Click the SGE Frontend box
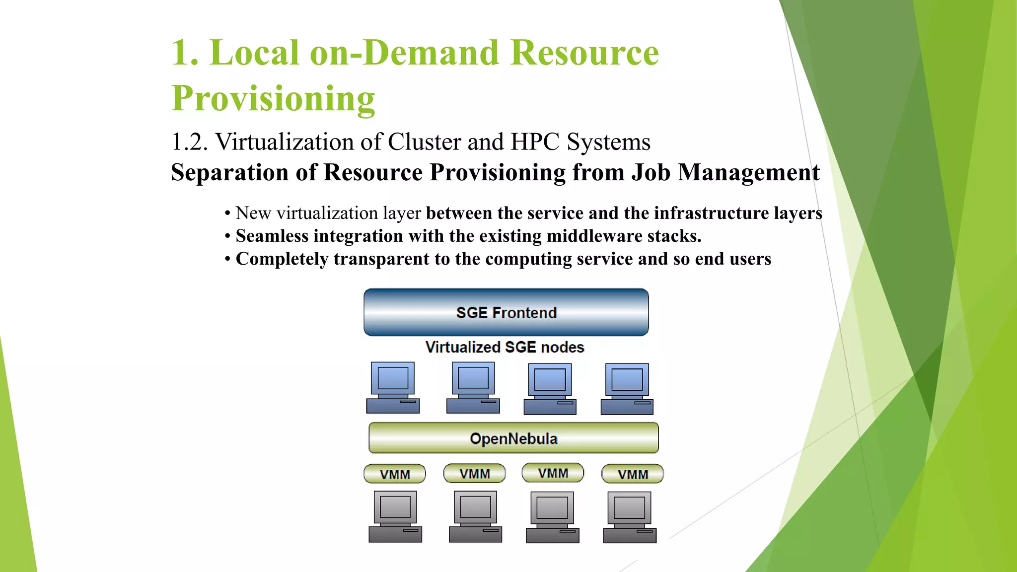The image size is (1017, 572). (506, 312)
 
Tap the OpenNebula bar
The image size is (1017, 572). (513, 438)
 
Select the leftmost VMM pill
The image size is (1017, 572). (395, 474)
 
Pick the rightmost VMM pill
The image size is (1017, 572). (633, 474)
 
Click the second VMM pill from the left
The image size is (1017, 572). (475, 474)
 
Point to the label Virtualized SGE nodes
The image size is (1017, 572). (505, 347)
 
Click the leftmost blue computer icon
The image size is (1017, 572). (393, 388)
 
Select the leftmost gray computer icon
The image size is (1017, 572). (395, 516)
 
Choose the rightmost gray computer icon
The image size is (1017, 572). (630, 517)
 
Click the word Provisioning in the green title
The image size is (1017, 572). (273, 98)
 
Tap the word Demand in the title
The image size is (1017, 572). (431, 53)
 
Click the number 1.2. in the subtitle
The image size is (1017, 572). (189, 142)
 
